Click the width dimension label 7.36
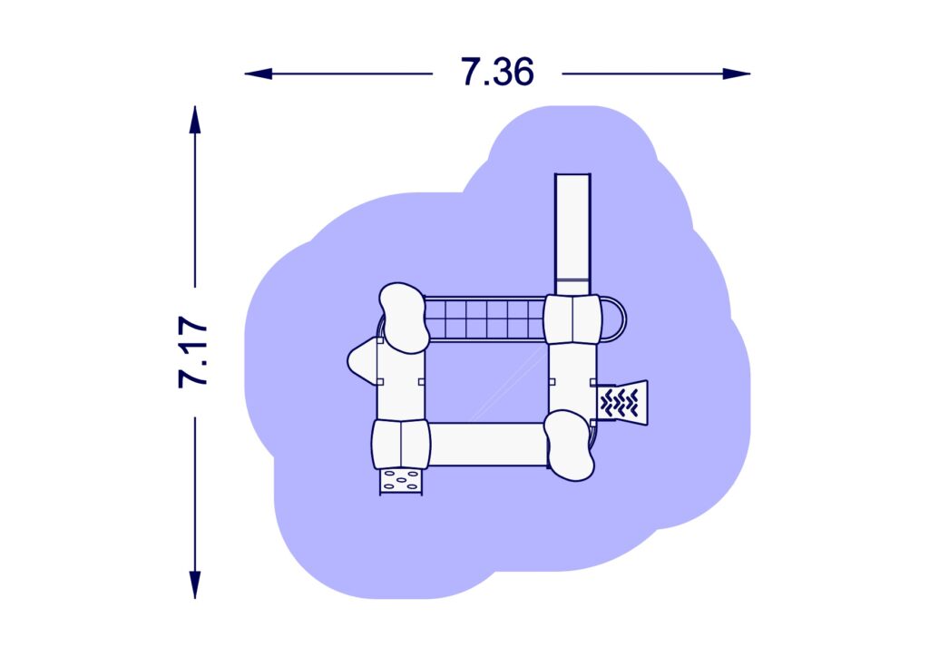(x=497, y=73)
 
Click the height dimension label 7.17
(x=193, y=352)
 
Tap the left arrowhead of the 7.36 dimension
(x=259, y=74)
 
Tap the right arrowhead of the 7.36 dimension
(x=737, y=74)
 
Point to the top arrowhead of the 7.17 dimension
(x=195, y=120)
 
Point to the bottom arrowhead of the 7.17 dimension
(x=195, y=584)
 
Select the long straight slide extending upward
(x=572, y=234)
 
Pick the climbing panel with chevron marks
(x=621, y=402)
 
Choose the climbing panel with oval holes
(x=401, y=482)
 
